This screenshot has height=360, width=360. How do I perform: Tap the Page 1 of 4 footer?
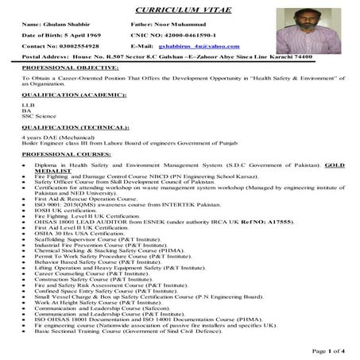tap(327, 350)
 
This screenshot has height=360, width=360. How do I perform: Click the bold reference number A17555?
tap(282, 220)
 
